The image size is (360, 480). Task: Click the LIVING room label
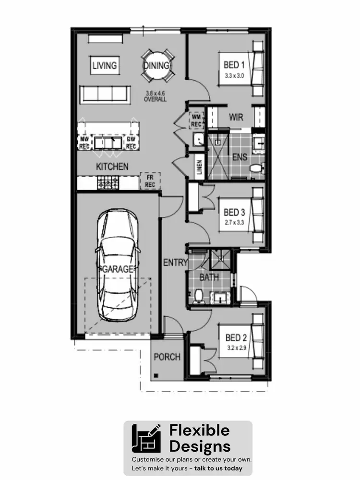(x=104, y=65)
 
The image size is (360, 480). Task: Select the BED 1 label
(x=234, y=65)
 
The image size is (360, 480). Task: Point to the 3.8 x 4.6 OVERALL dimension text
(x=155, y=96)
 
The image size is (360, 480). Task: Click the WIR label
(x=236, y=117)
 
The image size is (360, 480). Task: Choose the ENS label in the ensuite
(x=240, y=156)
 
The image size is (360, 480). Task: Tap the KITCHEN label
(x=112, y=167)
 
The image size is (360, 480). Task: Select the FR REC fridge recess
(x=150, y=181)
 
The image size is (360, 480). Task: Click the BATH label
(x=209, y=277)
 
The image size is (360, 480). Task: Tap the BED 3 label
(x=234, y=213)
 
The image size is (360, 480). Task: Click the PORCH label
(x=167, y=357)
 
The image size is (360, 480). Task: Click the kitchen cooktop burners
(x=108, y=182)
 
